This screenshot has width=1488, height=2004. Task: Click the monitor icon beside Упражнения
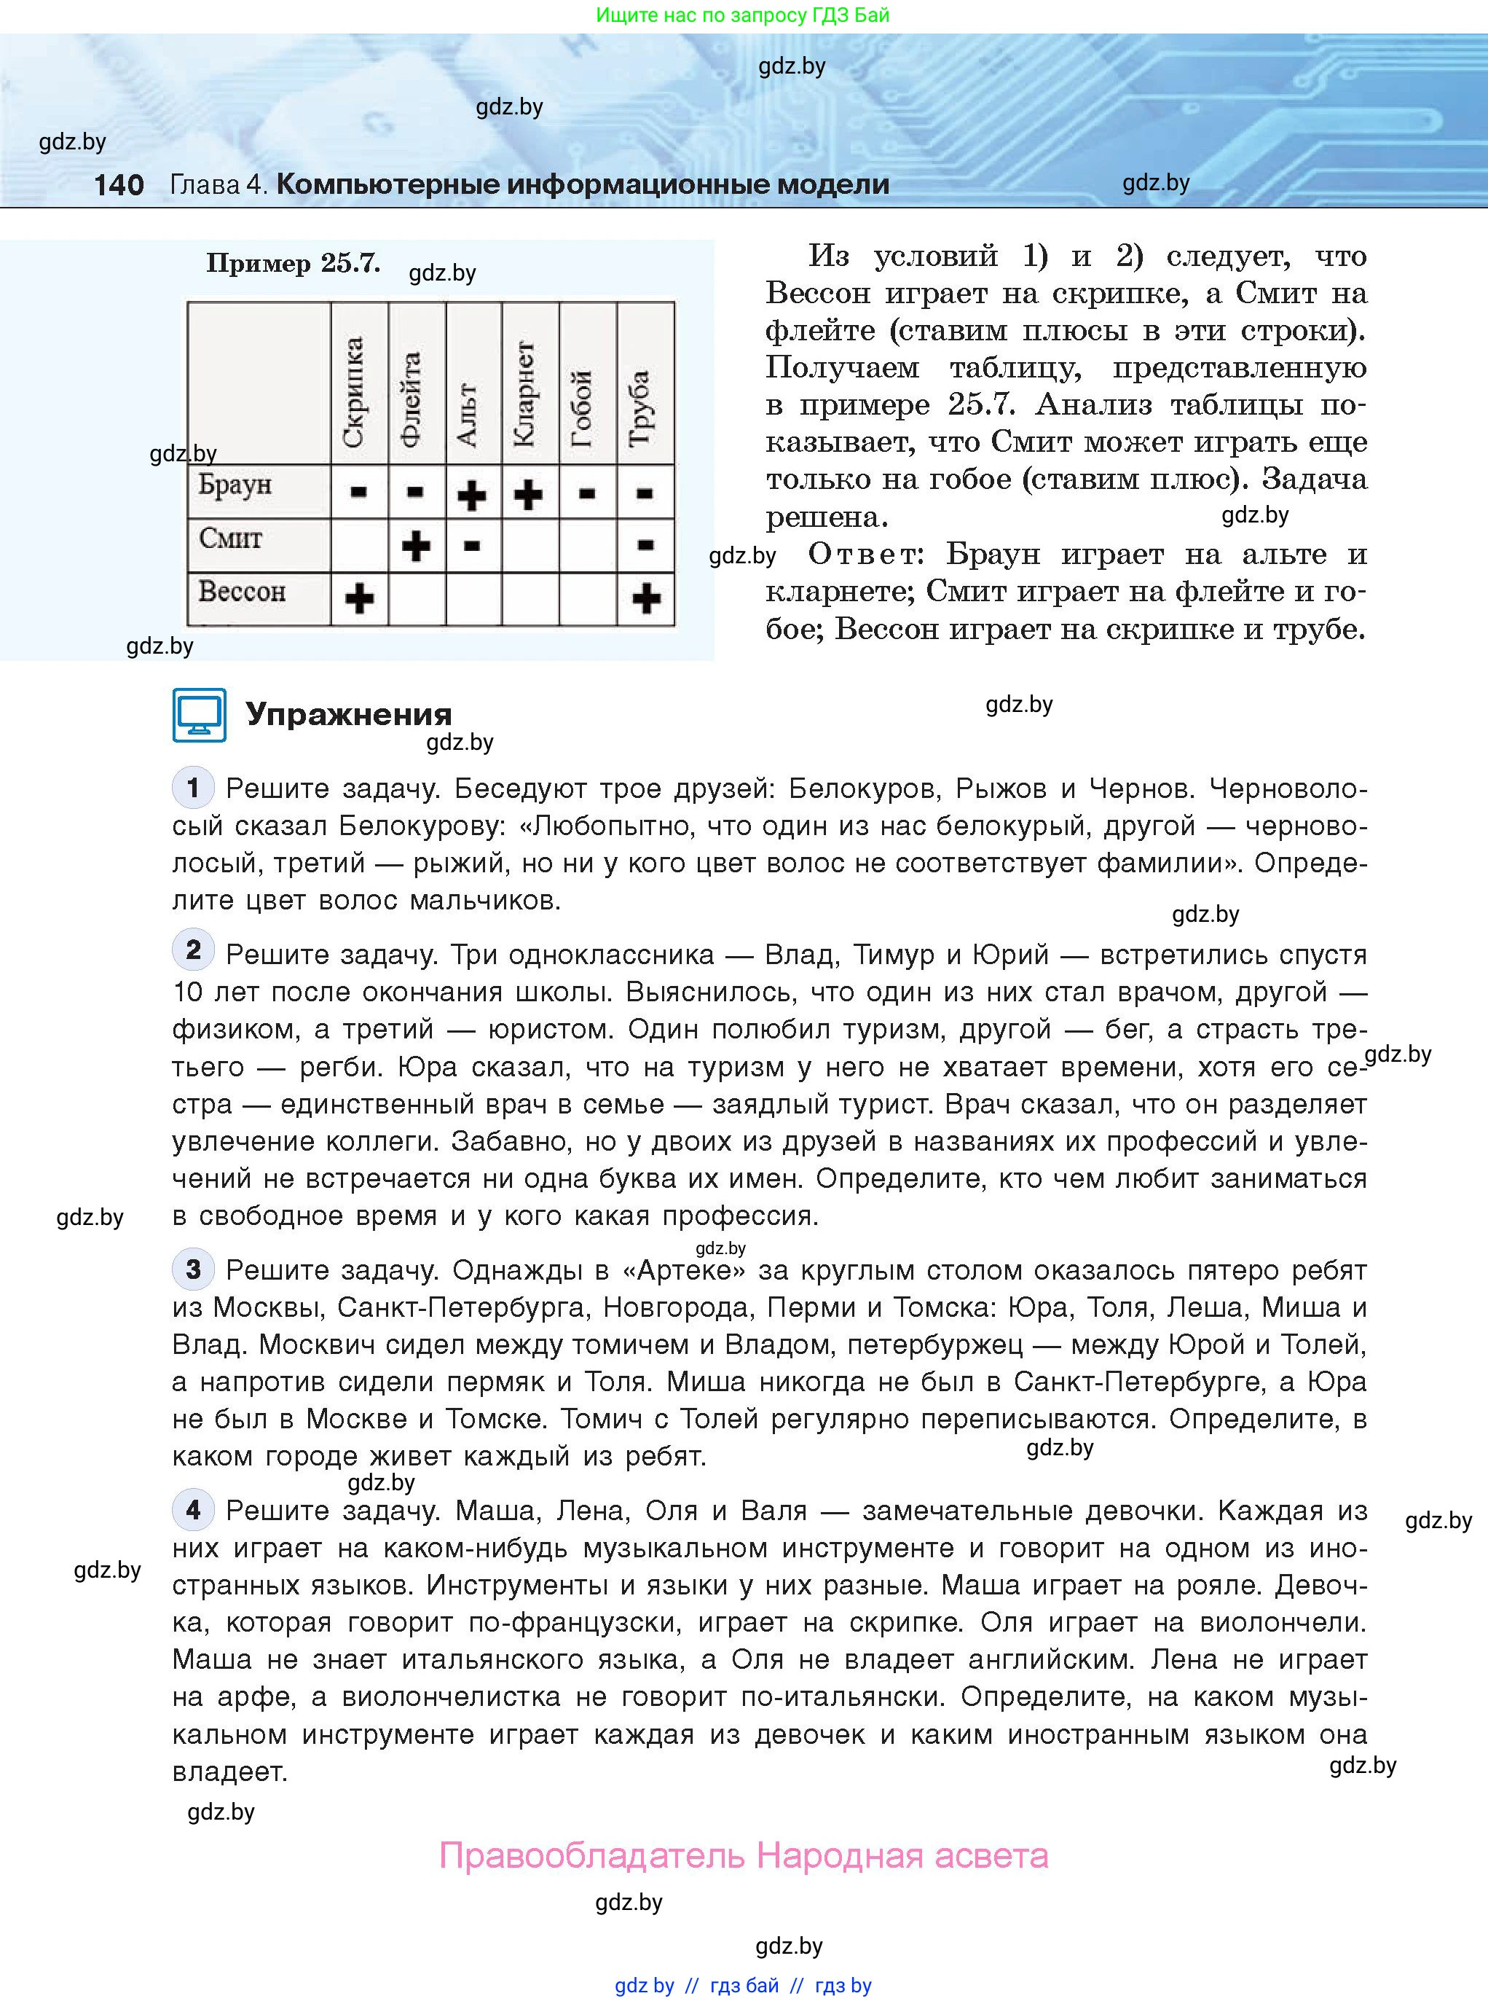tap(199, 715)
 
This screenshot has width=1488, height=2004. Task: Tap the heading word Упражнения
tap(349, 715)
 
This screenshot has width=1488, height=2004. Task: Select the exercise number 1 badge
tap(193, 788)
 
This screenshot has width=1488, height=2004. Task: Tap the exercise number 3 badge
tap(193, 1269)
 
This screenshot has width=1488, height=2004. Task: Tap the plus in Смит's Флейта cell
tap(415, 545)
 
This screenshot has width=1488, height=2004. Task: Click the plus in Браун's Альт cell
tap(472, 495)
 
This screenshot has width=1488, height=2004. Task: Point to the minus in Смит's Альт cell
tap(472, 545)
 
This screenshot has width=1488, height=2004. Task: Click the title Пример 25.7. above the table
tap(293, 263)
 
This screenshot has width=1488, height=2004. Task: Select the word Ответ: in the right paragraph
tap(865, 553)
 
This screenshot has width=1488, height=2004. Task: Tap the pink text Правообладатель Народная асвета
tap(743, 1855)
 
